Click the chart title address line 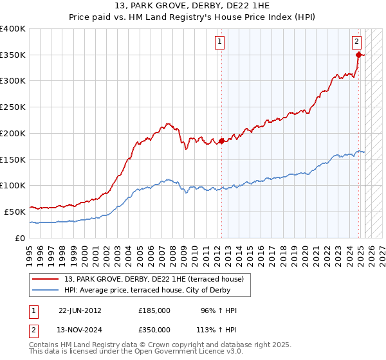192,6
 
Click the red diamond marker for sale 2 358,55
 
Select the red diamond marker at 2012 221,141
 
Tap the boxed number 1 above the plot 220,42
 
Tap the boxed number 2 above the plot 356,42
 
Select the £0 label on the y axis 20,237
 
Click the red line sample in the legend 46,279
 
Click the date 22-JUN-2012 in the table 80,310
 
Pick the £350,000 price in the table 154,330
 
